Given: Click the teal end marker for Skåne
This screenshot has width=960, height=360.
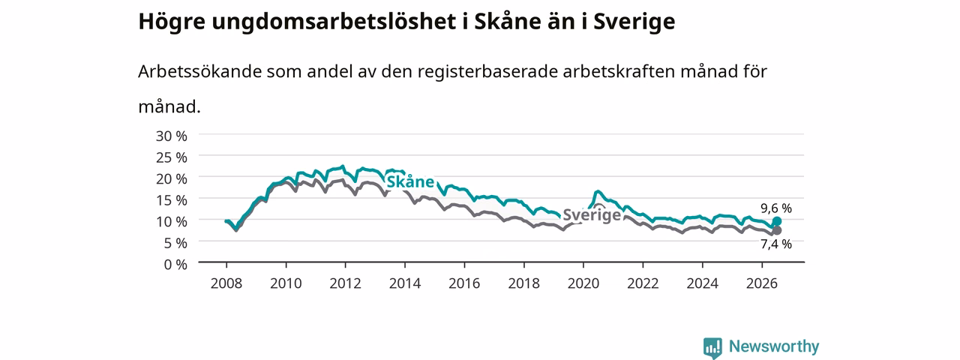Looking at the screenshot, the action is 776,221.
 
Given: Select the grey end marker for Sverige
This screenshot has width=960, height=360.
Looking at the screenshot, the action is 776,230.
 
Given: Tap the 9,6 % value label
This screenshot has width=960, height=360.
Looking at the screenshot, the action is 776,208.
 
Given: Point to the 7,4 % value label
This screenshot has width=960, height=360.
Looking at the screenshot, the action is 776,244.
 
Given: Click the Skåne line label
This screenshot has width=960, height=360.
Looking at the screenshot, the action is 410,181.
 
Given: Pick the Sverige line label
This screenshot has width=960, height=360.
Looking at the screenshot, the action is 592,214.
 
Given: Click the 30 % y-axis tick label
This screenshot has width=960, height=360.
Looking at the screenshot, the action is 172,136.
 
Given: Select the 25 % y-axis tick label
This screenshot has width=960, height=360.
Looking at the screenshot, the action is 172,157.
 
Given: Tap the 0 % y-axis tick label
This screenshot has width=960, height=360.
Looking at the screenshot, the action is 175,265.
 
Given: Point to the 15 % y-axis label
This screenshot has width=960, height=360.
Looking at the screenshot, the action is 172,200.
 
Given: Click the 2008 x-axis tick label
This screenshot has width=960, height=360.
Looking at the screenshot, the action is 226,283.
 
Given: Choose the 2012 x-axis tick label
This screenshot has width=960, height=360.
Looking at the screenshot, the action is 346,283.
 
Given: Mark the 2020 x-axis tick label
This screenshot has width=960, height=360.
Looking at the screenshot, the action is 583,283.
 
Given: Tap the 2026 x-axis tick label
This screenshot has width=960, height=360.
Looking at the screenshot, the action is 762,283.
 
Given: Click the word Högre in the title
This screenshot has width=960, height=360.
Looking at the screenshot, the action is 172,22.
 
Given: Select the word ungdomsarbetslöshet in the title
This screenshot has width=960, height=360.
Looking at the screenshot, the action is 334,22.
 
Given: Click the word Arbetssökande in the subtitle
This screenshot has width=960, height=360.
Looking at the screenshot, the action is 199,71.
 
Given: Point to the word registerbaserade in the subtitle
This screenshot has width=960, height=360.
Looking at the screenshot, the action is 487,71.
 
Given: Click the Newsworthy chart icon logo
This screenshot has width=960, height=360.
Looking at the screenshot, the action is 712,347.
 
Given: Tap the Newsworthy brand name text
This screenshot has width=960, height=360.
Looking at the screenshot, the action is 774,346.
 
